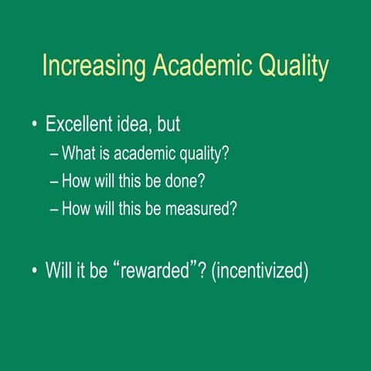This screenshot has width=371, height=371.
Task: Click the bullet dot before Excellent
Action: pyautogui.click(x=34, y=124)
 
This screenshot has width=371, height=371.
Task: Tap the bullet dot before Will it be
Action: pyautogui.click(x=34, y=271)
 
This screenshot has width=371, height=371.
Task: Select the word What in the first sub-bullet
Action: pyautogui.click(x=79, y=153)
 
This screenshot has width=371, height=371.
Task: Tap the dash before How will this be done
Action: pyautogui.click(x=53, y=181)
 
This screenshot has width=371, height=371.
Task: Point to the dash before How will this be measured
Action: pyautogui.click(x=53, y=209)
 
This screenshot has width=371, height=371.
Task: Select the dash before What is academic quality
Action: pyautogui.click(x=53, y=153)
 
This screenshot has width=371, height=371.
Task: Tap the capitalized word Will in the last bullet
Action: pyautogui.click(x=60, y=271)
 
